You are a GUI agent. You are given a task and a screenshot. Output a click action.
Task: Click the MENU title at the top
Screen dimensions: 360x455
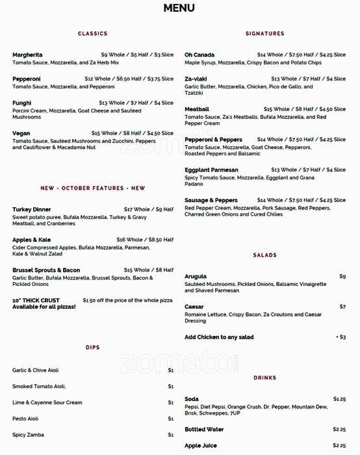(179, 8)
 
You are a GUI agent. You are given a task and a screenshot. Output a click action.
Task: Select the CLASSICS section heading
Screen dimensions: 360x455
(93, 33)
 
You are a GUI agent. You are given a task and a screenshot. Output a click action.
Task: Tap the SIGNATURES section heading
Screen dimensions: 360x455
(265, 33)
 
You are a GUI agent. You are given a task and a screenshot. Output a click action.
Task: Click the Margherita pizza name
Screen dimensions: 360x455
(27, 55)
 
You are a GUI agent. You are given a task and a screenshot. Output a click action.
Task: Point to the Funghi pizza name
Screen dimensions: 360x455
(22, 103)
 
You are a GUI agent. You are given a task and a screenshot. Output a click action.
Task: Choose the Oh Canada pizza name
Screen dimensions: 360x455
(199, 55)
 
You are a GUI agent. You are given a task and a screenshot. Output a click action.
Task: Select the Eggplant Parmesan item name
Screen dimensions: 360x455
(211, 170)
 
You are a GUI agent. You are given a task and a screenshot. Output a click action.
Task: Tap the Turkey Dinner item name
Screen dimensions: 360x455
(31, 209)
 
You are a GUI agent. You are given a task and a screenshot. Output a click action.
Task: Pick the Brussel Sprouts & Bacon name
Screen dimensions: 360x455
(46, 270)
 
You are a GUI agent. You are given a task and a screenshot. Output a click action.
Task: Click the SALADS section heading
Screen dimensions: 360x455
(265, 255)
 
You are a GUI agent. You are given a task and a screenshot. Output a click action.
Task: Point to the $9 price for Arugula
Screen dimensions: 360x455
(342, 276)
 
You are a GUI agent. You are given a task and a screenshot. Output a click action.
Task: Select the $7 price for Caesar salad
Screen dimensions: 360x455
(342, 307)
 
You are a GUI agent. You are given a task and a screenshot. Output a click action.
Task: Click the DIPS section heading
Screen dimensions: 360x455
(93, 348)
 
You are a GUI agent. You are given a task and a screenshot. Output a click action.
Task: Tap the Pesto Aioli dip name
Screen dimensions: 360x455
(25, 419)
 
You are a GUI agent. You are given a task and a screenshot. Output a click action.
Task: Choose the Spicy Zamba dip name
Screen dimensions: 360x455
(28, 435)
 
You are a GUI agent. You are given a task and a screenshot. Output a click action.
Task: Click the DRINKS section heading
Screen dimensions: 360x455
(265, 378)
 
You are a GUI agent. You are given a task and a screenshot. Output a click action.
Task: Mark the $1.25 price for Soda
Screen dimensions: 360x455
(339, 399)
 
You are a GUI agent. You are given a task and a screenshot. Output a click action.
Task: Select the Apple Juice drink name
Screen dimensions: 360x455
(201, 445)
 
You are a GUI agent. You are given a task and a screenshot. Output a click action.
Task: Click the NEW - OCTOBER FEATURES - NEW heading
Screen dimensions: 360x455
(93, 188)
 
